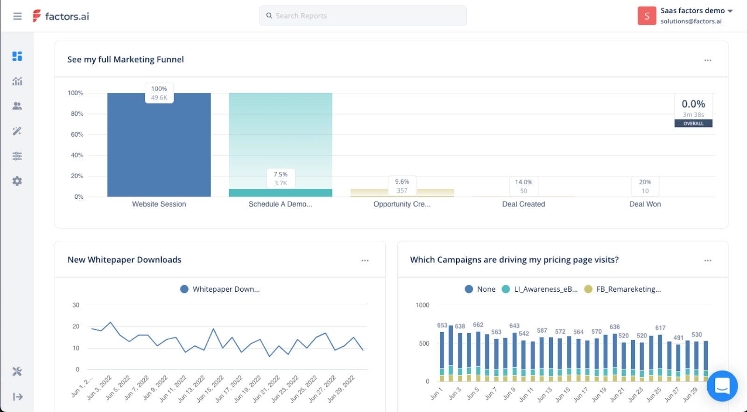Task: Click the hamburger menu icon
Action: coord(17,16)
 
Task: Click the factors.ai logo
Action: coord(61,16)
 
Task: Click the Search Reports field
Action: coord(362,16)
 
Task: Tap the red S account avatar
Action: coord(647,16)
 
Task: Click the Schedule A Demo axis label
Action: coord(280,204)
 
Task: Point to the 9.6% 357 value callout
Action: coord(402,186)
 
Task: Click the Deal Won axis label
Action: coord(645,204)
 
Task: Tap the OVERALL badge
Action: coord(693,124)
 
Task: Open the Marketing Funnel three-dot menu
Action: coord(708,60)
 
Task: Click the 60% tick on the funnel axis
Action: coord(77,134)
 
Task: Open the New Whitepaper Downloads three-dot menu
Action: coord(365,260)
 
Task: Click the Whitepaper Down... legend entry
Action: coord(220,289)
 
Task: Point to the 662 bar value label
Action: coord(478,325)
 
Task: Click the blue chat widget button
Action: coord(722,386)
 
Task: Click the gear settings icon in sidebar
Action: coord(17,181)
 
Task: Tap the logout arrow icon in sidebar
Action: coord(18,397)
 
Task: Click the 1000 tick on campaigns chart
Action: coord(423,305)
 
